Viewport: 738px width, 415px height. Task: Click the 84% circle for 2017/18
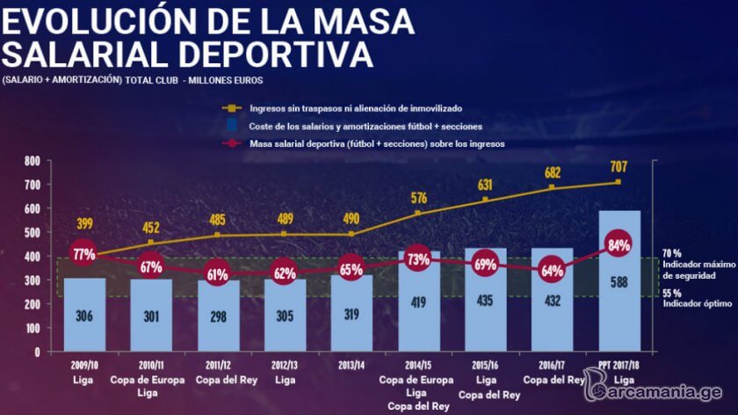(619, 244)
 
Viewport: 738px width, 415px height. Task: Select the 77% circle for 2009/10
(83, 254)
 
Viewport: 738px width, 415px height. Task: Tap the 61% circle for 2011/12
(218, 274)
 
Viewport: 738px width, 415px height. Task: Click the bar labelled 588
(619, 280)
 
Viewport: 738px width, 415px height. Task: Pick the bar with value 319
(351, 313)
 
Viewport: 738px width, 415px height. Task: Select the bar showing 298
(219, 316)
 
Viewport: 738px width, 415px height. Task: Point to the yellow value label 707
(619, 166)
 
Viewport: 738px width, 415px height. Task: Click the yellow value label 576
(418, 198)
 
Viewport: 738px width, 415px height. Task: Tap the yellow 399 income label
(84, 223)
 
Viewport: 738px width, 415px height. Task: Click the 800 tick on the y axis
(33, 161)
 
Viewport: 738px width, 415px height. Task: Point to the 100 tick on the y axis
(33, 328)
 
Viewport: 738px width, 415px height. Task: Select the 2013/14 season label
(351, 365)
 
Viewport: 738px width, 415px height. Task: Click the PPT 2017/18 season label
(619, 365)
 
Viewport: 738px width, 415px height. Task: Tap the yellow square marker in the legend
(232, 108)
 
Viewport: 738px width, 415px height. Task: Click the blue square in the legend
(232, 126)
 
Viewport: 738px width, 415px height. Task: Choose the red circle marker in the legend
(232, 143)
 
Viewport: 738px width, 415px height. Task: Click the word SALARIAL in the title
(84, 54)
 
